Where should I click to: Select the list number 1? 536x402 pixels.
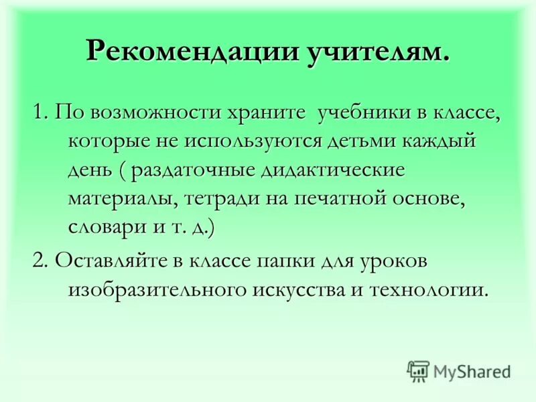click(38, 113)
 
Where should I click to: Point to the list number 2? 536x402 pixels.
click(39, 260)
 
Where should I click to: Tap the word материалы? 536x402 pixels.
click(117, 200)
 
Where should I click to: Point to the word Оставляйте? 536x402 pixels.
click(125, 260)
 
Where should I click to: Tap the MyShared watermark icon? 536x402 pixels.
click(418, 371)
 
